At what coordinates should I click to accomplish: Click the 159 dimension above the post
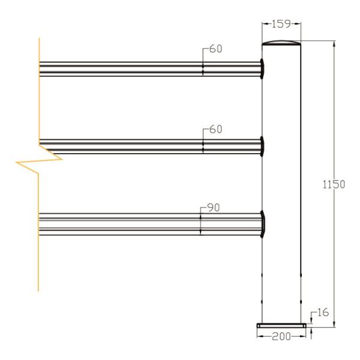(281, 25)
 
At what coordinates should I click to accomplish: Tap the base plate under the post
(281, 326)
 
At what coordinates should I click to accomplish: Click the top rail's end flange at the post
(263, 68)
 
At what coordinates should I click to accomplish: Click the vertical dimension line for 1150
(333, 252)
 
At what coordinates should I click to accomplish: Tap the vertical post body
(281, 180)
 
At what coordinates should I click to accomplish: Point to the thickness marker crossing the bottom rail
(200, 223)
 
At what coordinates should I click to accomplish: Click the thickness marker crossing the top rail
(203, 68)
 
